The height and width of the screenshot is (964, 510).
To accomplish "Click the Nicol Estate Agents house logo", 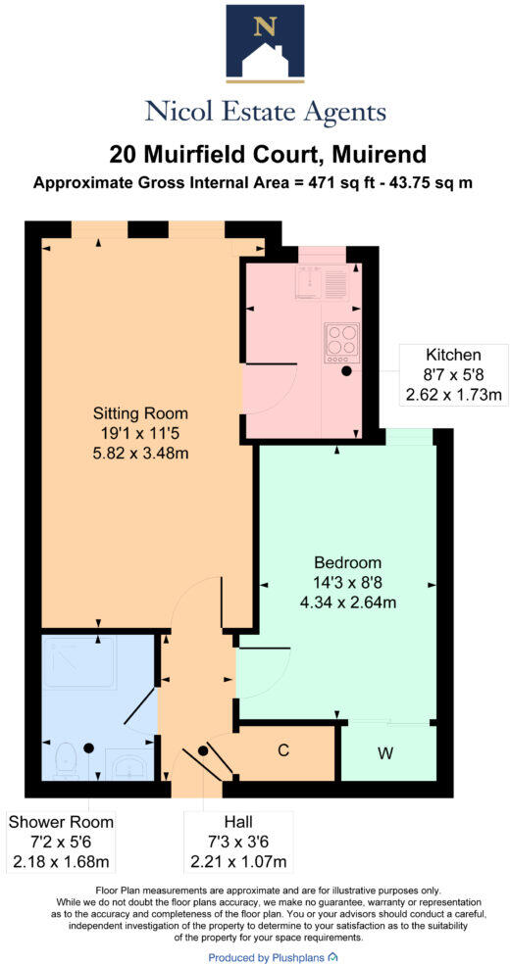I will tap(265, 41).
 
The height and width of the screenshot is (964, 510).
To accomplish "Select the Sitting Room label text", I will tap(140, 412).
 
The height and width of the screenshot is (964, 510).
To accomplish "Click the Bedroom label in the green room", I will tap(346, 563).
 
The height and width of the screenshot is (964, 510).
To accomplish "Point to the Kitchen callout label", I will tap(452, 355).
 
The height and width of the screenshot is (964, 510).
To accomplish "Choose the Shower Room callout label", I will tap(61, 822).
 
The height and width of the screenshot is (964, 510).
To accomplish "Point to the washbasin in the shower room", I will tap(127, 764).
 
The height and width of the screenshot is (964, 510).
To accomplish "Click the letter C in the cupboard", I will tap(282, 751).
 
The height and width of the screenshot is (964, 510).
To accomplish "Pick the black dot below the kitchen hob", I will tap(346, 372).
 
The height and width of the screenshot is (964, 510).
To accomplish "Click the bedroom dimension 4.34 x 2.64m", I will tap(346, 602).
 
